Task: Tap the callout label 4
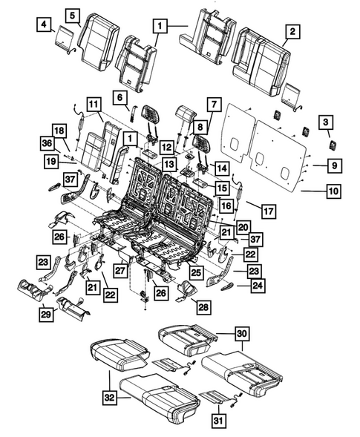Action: point(45,27)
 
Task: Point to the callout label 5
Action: point(72,15)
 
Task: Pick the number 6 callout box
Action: point(119,96)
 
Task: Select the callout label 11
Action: point(94,104)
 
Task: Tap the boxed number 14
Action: point(221,168)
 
